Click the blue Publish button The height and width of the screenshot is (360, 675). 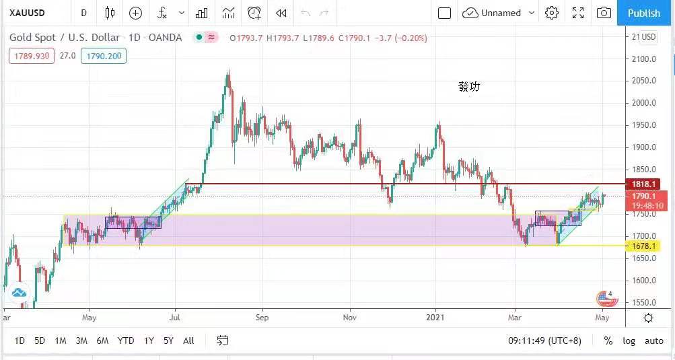644,13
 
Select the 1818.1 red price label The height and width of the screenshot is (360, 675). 644,184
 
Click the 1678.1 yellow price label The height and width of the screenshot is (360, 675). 644,247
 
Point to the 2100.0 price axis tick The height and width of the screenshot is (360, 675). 644,59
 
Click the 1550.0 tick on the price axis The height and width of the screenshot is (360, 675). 644,303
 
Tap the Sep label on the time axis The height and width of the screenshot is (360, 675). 262,317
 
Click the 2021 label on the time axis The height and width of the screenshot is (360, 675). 435,317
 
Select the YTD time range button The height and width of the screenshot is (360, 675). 125,340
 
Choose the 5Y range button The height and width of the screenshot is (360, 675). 168,340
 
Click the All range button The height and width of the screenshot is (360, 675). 188,340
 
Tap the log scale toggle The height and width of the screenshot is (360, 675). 629,340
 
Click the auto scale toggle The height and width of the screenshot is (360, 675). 653,340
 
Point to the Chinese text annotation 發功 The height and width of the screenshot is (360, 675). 469,87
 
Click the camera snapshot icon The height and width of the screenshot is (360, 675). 604,13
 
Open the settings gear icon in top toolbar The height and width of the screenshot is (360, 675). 552,13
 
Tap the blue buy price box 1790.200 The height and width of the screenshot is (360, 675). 103,56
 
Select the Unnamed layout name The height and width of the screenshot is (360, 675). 501,13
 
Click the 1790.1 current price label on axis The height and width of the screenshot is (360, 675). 644,196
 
